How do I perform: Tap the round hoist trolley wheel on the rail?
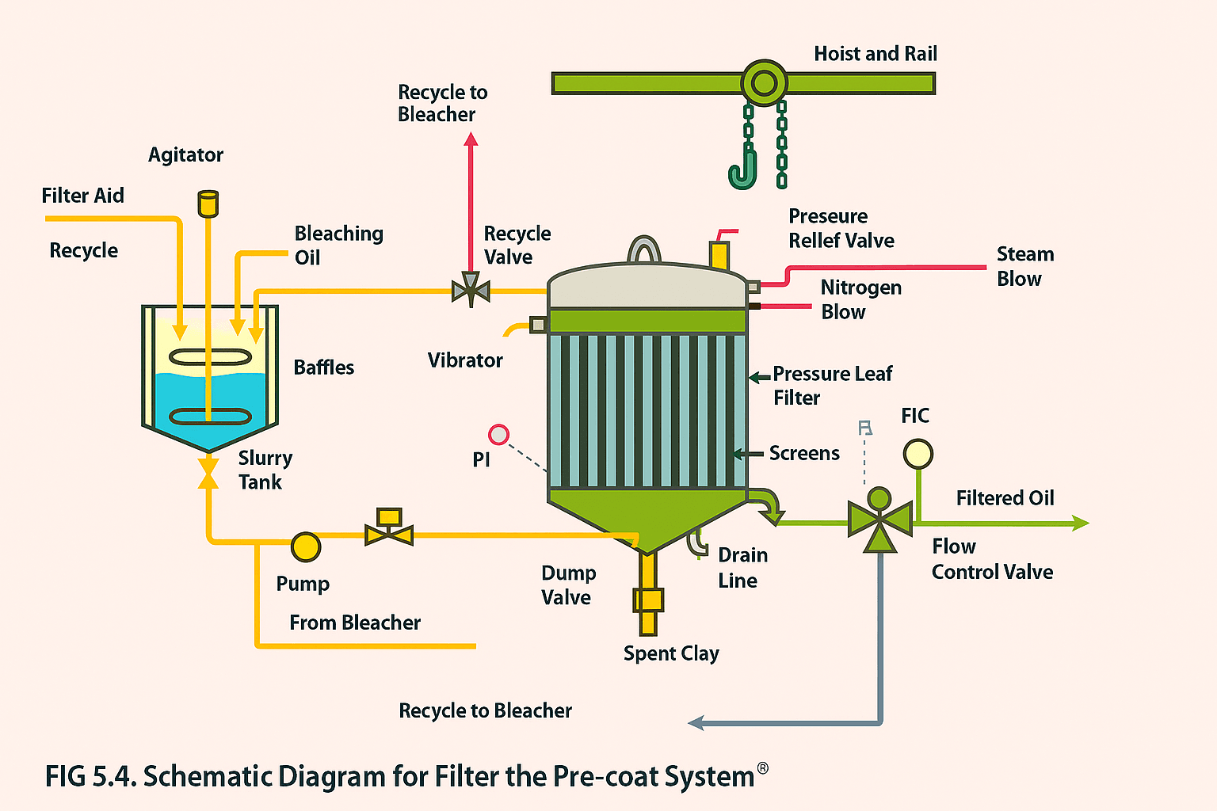point(764,82)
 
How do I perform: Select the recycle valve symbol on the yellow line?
point(471,291)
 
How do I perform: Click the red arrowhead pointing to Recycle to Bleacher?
point(471,139)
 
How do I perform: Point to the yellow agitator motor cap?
point(208,203)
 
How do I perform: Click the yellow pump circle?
point(306,546)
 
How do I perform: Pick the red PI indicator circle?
point(498,434)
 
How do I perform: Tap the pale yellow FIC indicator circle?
point(918,454)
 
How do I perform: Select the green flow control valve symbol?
point(879,521)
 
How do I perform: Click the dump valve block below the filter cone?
point(648,600)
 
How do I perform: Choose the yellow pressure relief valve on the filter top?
point(719,254)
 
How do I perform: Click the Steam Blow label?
point(1024,266)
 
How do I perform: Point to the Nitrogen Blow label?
point(860,299)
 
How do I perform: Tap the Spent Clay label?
point(671,653)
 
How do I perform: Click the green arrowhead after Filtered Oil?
point(1080,523)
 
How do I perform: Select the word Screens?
point(804,453)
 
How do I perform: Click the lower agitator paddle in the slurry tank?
point(210,417)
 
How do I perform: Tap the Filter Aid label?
point(82,196)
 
